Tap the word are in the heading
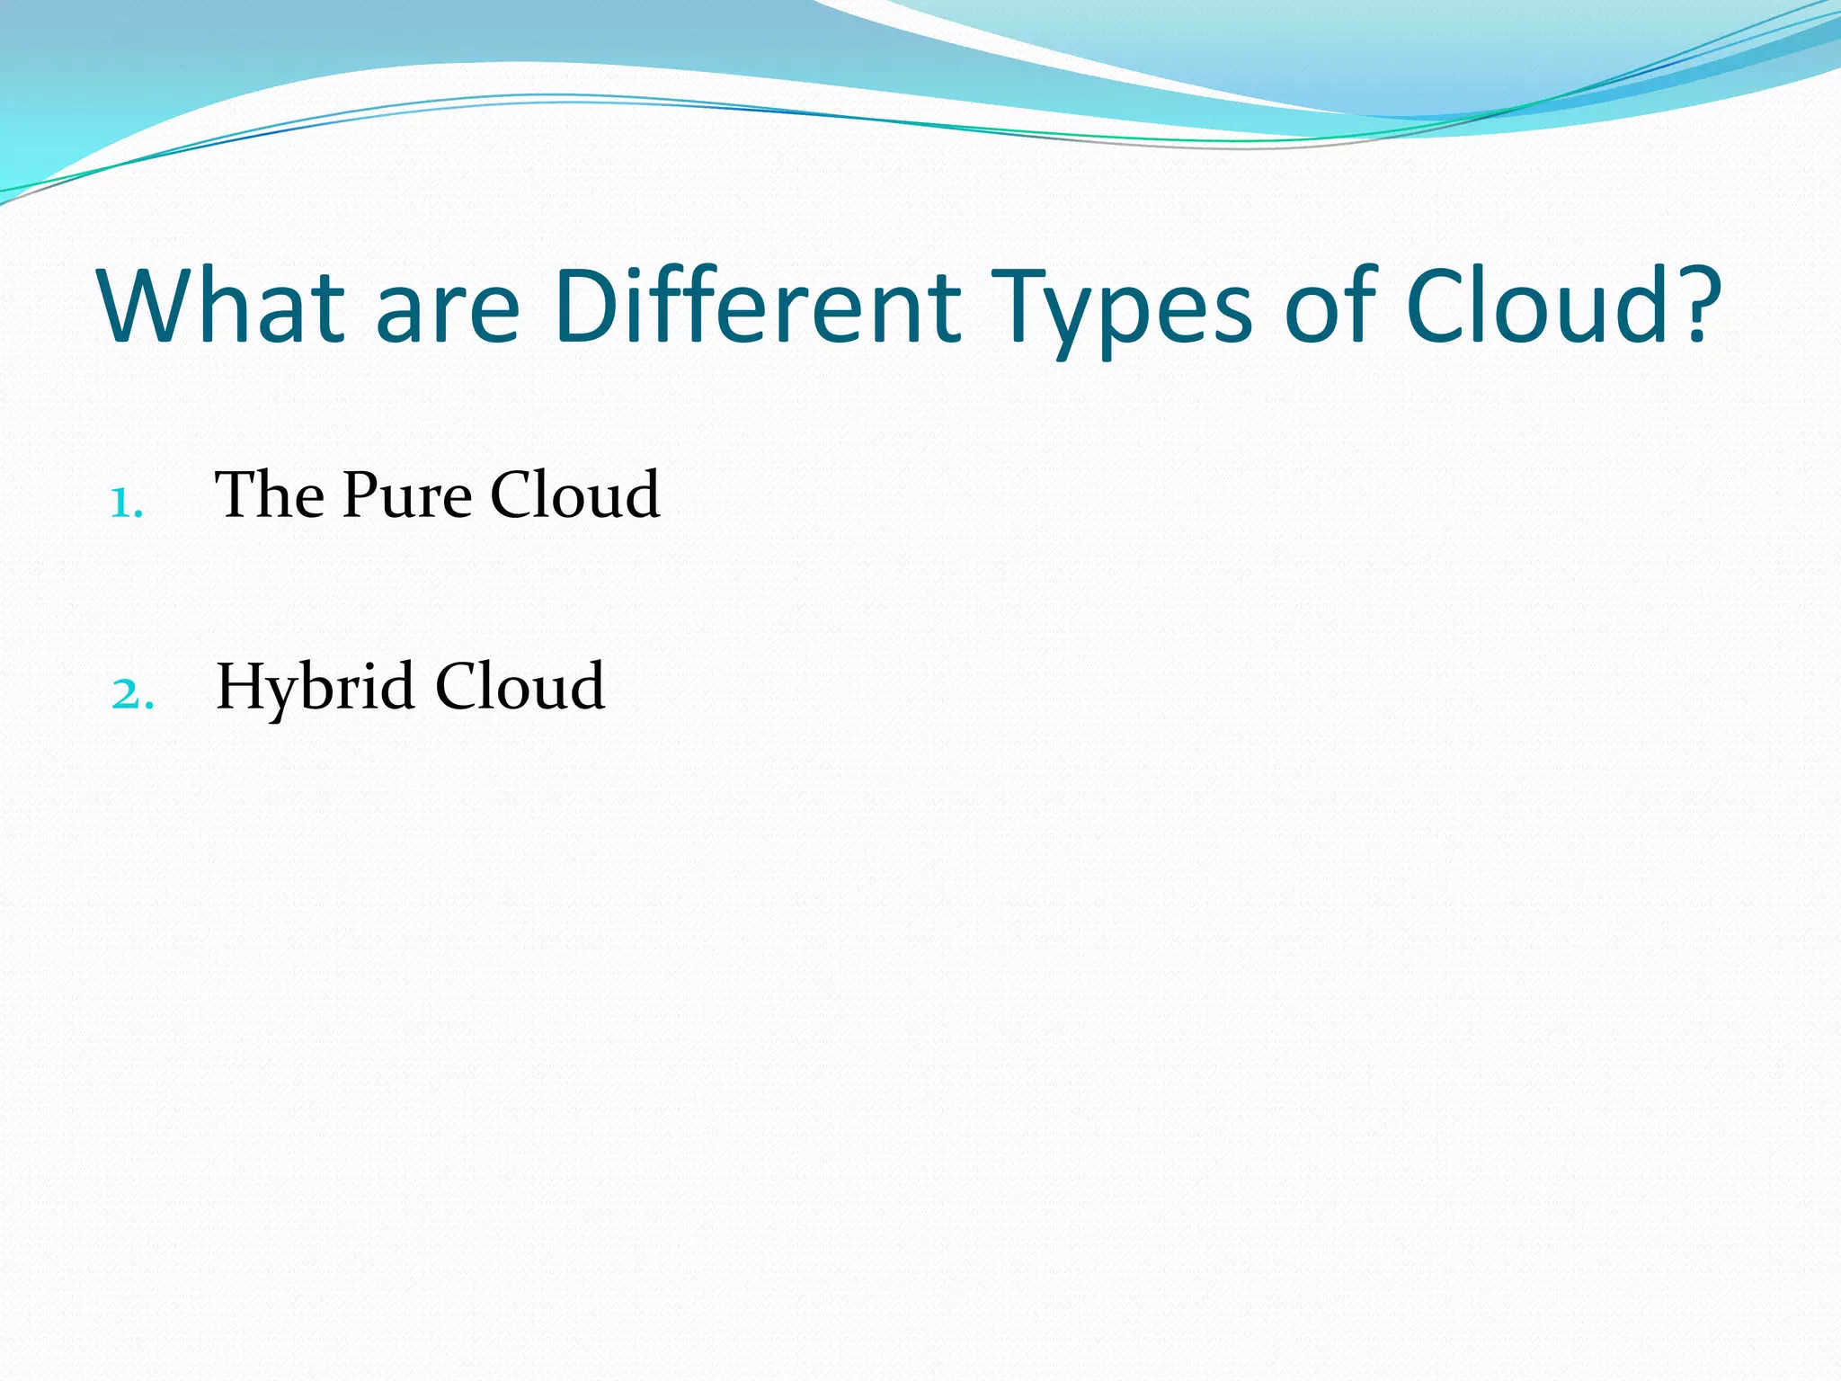[447, 315]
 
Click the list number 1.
[125, 504]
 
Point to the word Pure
[406, 496]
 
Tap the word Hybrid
[315, 688]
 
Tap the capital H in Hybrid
[241, 686]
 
